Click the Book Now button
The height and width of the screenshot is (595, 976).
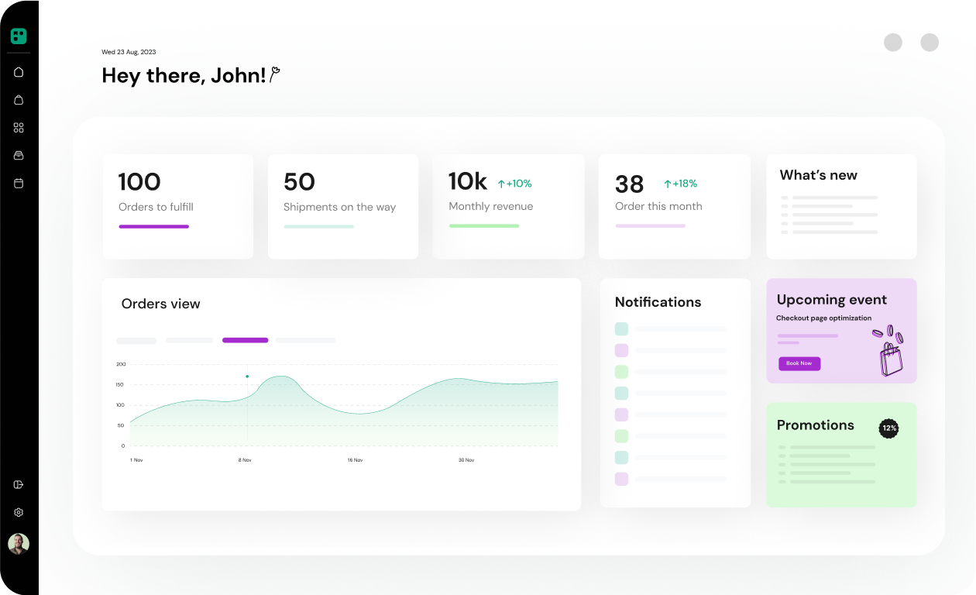pos(799,363)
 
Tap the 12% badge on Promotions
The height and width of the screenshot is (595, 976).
pos(888,428)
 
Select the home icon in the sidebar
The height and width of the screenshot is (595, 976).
pos(19,72)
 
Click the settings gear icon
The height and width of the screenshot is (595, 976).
pos(19,512)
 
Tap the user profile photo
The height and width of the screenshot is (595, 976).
pos(19,544)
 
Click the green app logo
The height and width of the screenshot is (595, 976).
pos(19,36)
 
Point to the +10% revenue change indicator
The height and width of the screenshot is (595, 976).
pos(514,184)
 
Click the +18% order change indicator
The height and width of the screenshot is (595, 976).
pos(680,184)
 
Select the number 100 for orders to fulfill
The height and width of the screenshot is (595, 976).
pos(139,182)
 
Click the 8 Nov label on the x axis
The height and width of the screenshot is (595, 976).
pos(245,460)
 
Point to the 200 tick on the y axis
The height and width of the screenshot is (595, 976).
pos(121,364)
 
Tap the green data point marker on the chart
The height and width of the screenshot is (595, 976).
pos(247,377)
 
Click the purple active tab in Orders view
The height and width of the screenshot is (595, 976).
pos(246,340)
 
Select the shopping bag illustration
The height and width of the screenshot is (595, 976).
pos(889,351)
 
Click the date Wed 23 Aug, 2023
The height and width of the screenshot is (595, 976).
pos(129,52)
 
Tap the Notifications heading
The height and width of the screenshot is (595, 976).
pos(658,302)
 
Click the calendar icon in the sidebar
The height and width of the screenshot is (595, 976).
pos(19,183)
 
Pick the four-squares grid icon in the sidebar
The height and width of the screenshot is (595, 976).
pos(19,128)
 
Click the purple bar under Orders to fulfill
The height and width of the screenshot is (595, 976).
pos(154,227)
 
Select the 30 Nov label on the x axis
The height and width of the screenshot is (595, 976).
pos(466,460)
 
